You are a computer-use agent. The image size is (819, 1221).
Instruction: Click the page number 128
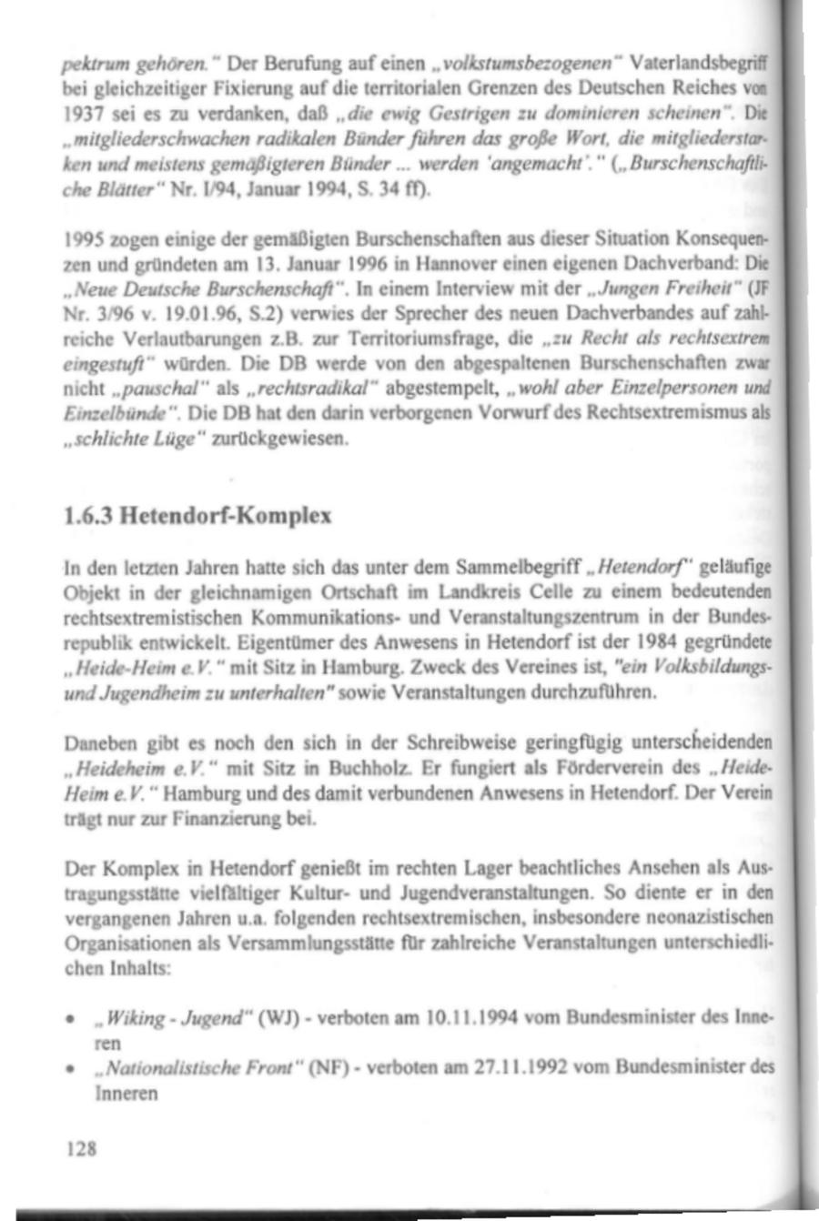(82, 1147)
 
